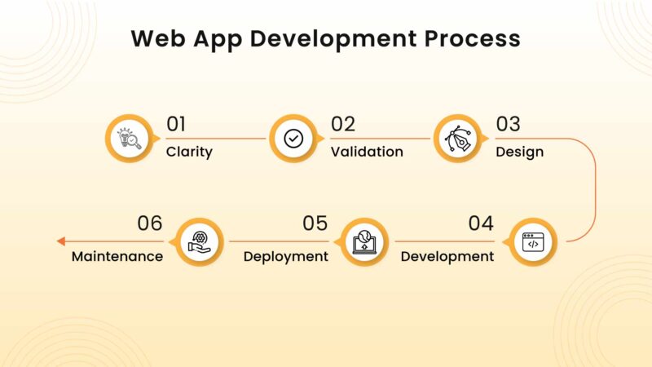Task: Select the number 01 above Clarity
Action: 176,125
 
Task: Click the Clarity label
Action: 189,152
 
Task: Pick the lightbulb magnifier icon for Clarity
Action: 130,139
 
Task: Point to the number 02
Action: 343,125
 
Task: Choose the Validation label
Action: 367,152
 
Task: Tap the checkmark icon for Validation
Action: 293,139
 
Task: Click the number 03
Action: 509,125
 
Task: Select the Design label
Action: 520,152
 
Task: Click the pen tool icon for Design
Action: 457,139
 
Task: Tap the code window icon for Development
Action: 532,242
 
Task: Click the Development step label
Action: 447,256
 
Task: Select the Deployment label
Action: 286,256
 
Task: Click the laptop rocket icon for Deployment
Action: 363,242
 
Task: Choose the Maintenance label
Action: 117,256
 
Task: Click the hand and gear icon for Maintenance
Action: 199,242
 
